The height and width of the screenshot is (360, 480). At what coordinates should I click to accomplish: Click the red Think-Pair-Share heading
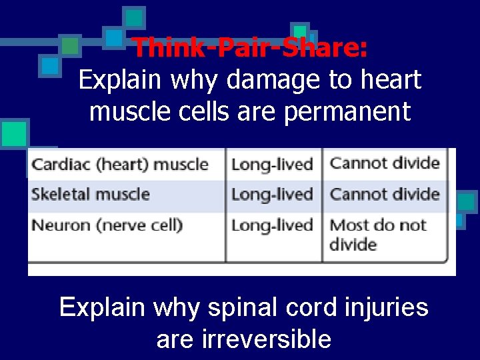[x=249, y=48]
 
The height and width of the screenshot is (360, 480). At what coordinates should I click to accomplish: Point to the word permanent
[x=347, y=112]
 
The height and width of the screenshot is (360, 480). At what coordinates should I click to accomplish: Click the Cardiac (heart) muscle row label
[x=120, y=164]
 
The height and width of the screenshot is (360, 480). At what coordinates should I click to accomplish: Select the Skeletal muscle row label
[x=91, y=195]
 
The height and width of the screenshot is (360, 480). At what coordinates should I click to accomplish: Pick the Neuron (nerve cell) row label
[x=107, y=225]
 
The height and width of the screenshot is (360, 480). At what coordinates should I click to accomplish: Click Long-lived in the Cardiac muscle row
[x=272, y=164]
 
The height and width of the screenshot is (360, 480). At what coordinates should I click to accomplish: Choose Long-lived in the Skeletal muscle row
[x=272, y=195]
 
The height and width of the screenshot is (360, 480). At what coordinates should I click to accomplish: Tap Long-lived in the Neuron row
[x=272, y=225]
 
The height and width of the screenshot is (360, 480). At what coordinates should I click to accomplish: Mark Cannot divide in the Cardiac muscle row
[x=385, y=163]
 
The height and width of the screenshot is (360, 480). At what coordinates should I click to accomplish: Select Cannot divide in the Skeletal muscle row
[x=385, y=195]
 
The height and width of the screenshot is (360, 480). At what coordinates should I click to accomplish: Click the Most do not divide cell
[x=377, y=234]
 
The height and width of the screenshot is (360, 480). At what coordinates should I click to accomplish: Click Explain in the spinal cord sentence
[x=101, y=307]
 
